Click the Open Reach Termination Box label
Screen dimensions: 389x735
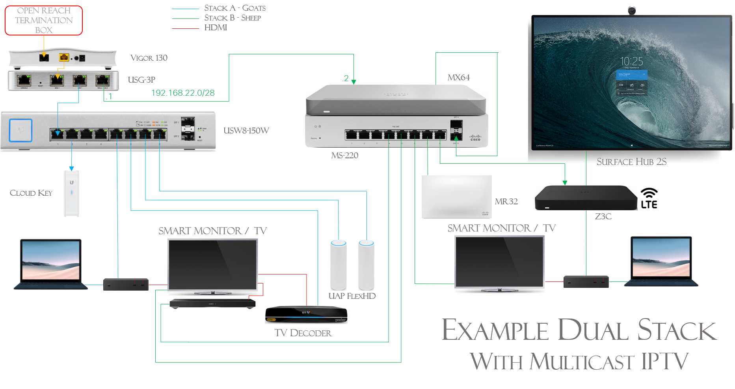[x=44, y=20]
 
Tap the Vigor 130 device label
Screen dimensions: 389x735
[x=149, y=58]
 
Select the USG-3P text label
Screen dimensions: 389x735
[x=141, y=80]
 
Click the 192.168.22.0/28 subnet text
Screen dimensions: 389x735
[x=183, y=93]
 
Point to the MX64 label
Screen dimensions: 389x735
[x=458, y=78]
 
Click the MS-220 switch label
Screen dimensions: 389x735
[x=344, y=156]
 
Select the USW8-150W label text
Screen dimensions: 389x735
[x=246, y=131]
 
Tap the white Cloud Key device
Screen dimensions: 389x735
[x=72, y=193]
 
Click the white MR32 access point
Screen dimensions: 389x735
[x=456, y=196]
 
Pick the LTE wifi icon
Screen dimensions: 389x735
[x=649, y=198]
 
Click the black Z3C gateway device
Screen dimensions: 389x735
[x=586, y=198]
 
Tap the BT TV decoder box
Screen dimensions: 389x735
[x=306, y=315]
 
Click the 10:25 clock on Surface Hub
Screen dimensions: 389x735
[x=631, y=61]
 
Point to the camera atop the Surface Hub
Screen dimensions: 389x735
[x=632, y=10]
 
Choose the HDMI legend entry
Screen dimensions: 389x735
[x=216, y=28]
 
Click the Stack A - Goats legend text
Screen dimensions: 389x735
[x=234, y=8]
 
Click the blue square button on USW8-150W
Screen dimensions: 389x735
[x=20, y=130]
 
